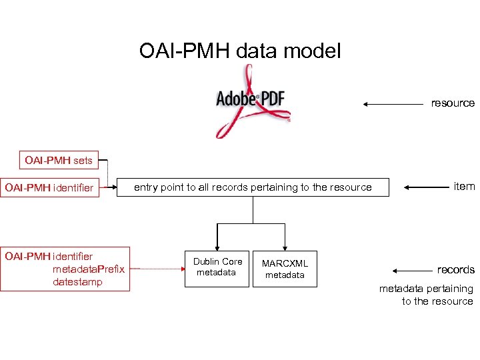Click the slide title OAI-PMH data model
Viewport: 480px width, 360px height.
[240, 51]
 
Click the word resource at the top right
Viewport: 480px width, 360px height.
[453, 103]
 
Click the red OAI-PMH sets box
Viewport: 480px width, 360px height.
[59, 160]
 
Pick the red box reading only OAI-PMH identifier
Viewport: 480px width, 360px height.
[49, 187]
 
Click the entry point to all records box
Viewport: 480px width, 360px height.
[253, 187]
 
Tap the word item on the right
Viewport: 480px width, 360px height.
[464, 187]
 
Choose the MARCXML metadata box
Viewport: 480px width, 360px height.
[285, 269]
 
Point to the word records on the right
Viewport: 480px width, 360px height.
[455, 270]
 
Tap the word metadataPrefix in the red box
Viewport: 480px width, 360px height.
[88, 269]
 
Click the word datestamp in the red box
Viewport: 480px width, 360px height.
[77, 281]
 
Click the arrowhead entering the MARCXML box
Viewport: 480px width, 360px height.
[285, 245]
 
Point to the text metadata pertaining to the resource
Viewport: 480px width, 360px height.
[426, 295]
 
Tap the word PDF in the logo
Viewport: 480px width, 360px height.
[273, 99]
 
